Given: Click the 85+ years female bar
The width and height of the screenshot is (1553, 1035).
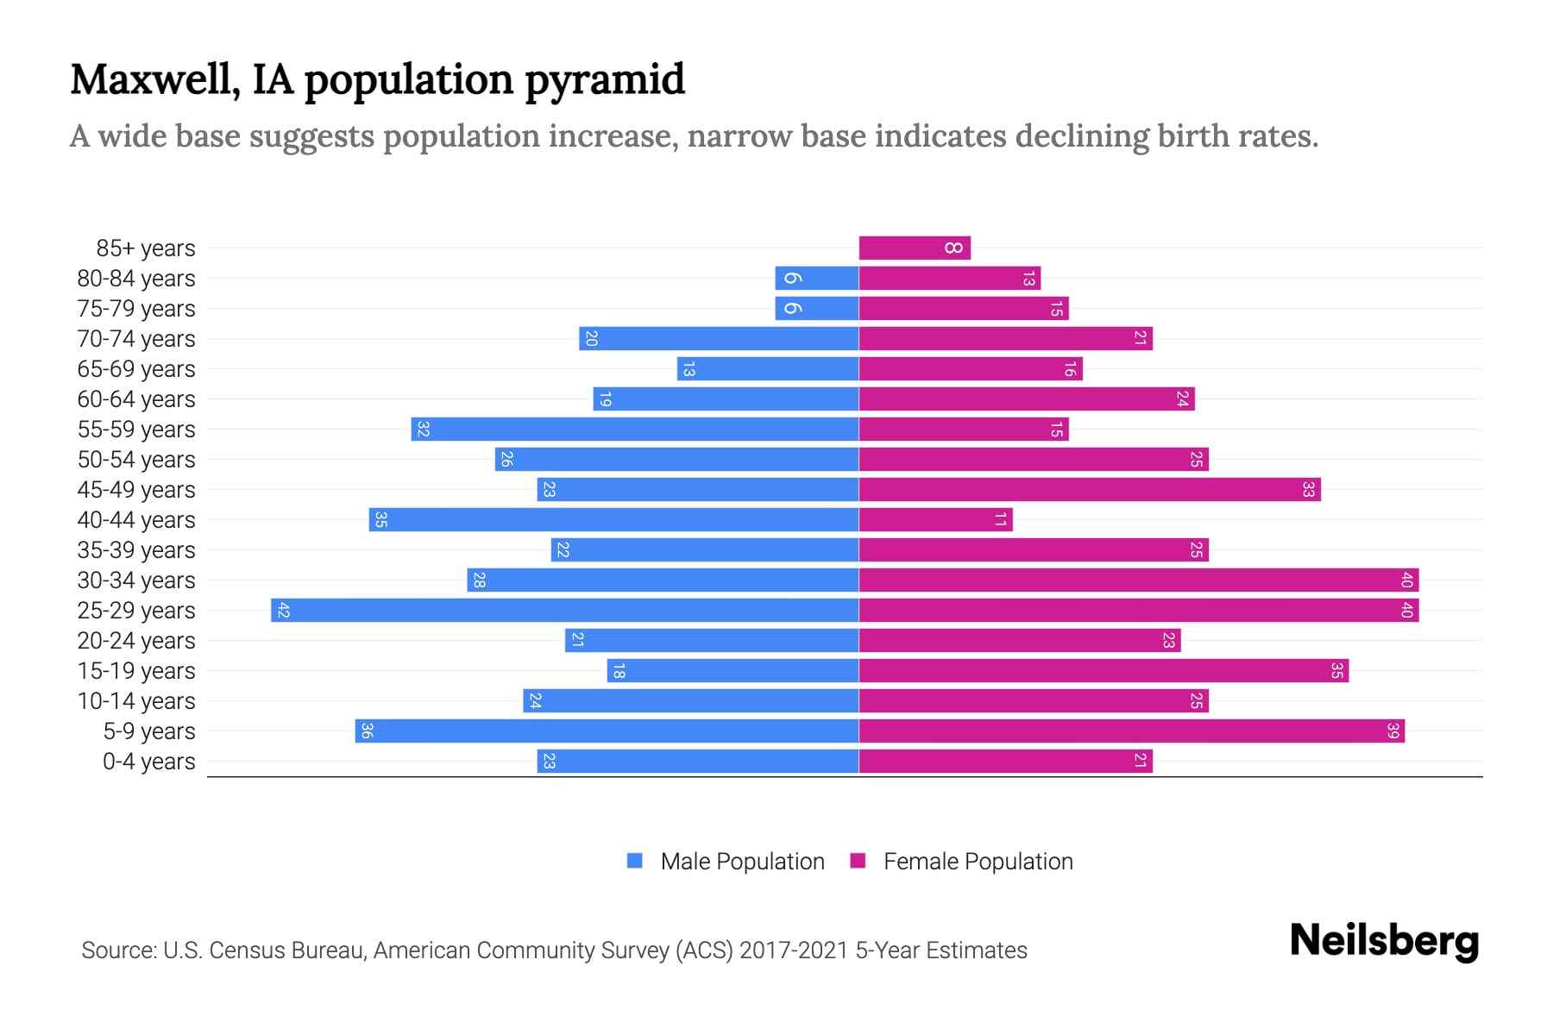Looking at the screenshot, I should (915, 248).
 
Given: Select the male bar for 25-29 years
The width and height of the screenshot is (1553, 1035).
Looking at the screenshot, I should (565, 611).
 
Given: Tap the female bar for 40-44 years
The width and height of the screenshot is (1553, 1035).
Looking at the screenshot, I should (935, 520).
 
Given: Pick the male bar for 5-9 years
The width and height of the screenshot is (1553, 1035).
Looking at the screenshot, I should (607, 731).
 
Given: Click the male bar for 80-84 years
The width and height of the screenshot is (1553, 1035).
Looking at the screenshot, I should (817, 279).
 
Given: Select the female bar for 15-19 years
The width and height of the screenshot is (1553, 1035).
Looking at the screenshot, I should (1103, 671).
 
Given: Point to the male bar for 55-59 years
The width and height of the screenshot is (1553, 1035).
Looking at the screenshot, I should (635, 430).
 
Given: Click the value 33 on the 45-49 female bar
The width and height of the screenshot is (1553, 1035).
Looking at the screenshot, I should (1308, 490).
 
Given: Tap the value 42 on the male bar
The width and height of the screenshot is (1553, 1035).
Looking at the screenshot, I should (284, 611).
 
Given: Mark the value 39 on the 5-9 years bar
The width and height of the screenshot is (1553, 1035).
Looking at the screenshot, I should (1393, 731).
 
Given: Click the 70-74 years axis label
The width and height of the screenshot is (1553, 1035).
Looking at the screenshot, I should (136, 339).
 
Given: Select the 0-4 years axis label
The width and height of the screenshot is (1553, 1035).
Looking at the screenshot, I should (148, 762).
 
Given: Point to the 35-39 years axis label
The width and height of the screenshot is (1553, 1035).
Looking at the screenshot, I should (136, 550).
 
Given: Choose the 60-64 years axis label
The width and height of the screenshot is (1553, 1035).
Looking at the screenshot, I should (136, 399).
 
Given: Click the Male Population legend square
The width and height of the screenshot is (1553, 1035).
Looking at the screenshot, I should (635, 861).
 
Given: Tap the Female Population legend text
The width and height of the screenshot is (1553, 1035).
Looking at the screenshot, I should (978, 862).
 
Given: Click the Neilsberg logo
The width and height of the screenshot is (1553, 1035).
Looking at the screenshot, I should (1384, 941).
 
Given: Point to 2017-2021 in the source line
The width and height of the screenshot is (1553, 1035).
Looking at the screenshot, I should (793, 950).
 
